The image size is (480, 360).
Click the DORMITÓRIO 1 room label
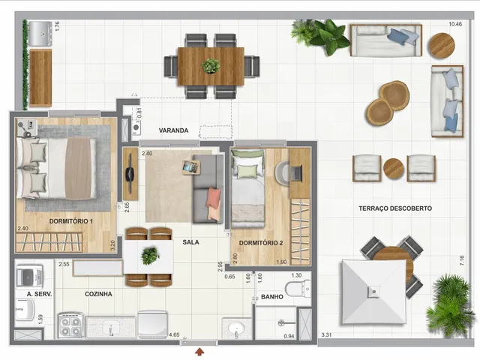[71, 221]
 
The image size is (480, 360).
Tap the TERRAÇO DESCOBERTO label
[395, 208]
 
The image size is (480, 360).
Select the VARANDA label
[173, 130]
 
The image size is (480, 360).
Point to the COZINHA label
[98, 294]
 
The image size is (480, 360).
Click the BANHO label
[272, 297]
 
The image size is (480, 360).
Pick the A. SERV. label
[40, 294]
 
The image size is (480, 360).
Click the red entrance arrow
[200, 352]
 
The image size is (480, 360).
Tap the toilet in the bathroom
[298, 289]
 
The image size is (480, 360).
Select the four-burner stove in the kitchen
[70, 325]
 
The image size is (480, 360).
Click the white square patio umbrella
[373, 292]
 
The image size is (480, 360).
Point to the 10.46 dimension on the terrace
[455, 24]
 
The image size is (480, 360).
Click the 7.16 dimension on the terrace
[462, 260]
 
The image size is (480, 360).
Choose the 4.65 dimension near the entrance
[174, 334]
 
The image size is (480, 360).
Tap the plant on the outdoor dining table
[211, 65]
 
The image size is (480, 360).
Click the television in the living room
[129, 173]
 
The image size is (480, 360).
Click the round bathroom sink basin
[236, 328]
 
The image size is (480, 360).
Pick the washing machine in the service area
[29, 277]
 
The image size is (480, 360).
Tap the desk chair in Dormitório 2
[282, 173]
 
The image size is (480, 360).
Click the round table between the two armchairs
[394, 168]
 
